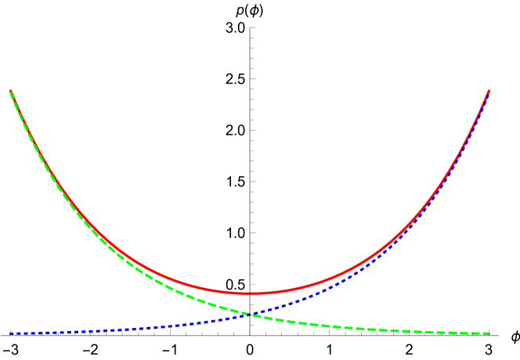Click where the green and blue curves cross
pyautogui.click(x=251, y=315)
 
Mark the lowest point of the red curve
pyautogui.click(x=251, y=293)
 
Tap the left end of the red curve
pyautogui.click(x=10, y=91)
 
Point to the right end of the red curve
pyautogui.click(x=489, y=91)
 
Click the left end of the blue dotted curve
pyautogui.click(x=10, y=333)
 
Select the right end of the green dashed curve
pyautogui.click(x=489, y=333)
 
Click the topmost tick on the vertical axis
pyautogui.click(x=252, y=27)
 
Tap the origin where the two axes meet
pyautogui.click(x=252, y=335)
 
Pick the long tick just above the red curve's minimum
pyautogui.click(x=252, y=284)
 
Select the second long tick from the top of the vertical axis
pyautogui.click(x=252, y=79)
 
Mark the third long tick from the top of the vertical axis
pyautogui.click(x=252, y=130)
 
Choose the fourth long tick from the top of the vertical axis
pyautogui.click(x=252, y=182)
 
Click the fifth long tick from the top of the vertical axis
pyautogui.click(x=252, y=232)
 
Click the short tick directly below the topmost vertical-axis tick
pyautogui.click(x=252, y=38)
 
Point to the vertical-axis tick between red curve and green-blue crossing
pyautogui.click(x=252, y=304)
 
